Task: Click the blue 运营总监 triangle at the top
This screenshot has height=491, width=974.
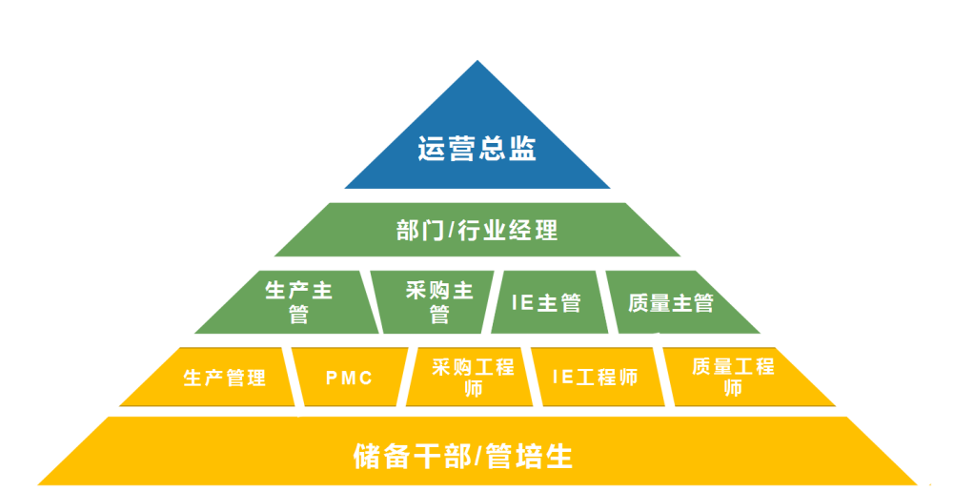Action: (477, 143)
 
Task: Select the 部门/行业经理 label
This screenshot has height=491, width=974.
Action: (477, 231)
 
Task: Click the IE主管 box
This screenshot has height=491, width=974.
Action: (546, 303)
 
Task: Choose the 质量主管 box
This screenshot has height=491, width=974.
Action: (671, 303)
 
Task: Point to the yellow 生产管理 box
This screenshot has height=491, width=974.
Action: (225, 378)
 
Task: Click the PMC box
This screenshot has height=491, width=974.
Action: (349, 378)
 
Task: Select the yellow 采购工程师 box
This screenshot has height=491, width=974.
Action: (472, 378)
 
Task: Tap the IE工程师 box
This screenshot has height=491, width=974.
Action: (595, 378)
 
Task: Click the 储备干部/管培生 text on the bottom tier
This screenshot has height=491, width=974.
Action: (462, 456)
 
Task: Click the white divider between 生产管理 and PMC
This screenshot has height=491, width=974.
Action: (294, 376)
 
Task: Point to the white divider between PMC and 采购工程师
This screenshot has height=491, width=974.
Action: (408, 376)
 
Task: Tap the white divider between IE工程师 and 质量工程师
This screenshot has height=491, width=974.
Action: (661, 374)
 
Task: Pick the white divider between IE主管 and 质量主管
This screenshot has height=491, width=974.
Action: (608, 301)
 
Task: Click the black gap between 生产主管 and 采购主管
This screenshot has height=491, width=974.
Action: (371, 301)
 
